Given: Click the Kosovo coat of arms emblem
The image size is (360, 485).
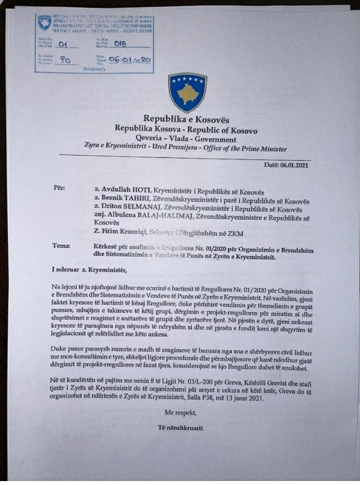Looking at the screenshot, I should click(x=187, y=92).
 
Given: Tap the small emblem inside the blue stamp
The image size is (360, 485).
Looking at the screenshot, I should click(x=45, y=23).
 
